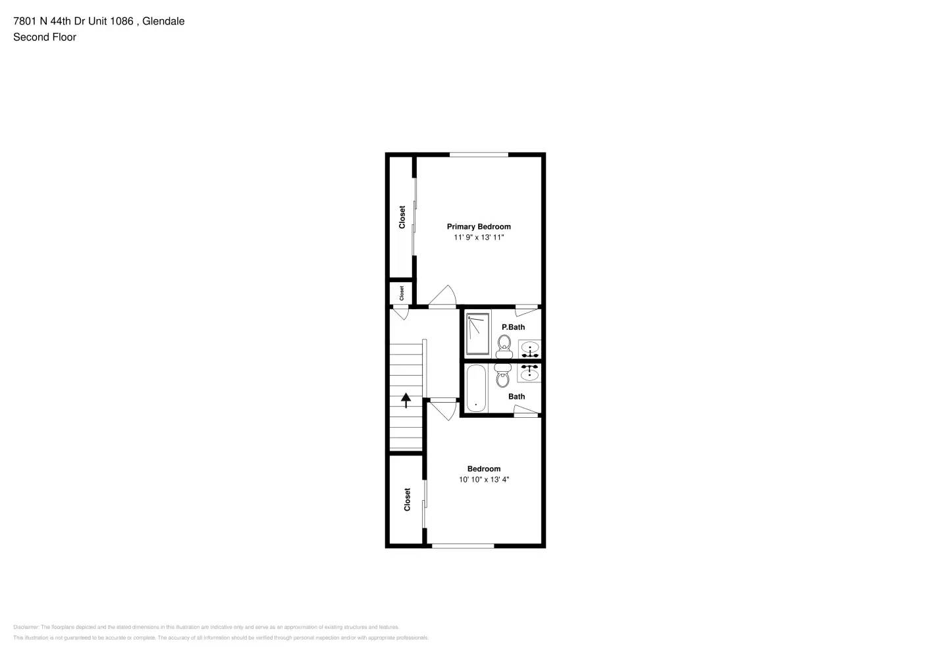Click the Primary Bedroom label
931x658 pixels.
click(479, 226)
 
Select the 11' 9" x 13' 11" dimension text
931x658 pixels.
click(479, 238)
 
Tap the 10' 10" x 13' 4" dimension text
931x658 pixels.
click(484, 480)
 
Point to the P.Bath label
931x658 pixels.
click(514, 327)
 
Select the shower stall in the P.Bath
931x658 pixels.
click(478, 334)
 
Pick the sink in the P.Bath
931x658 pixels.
click(530, 349)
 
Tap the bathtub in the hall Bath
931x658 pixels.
click(476, 388)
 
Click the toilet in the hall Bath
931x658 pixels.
click(503, 376)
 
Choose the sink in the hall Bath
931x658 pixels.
click(529, 373)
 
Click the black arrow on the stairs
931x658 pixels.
click(406, 399)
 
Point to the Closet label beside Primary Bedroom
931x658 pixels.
click(402, 217)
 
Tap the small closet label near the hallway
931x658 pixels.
click(402, 293)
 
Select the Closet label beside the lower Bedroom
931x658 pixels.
click(407, 499)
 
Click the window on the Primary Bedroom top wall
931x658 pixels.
click(479, 155)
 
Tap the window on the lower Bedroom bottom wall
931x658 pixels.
click(463, 545)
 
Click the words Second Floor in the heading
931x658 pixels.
click(45, 37)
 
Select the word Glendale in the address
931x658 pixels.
click(163, 21)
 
